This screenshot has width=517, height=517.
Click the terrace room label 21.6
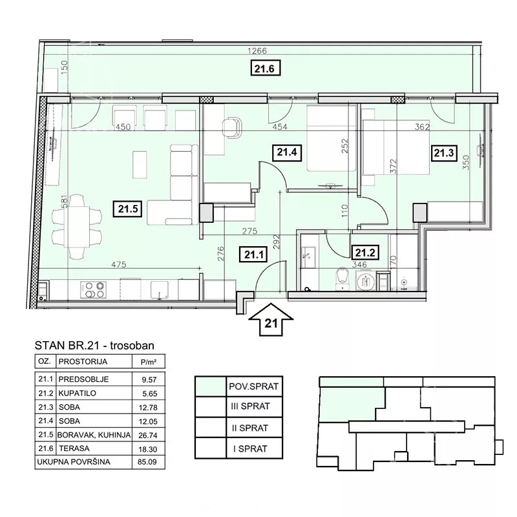point(265,69)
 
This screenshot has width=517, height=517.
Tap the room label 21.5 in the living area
point(127,209)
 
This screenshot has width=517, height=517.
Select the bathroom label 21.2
point(364,253)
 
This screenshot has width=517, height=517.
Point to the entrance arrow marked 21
point(271,319)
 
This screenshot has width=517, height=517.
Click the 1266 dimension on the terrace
point(257,51)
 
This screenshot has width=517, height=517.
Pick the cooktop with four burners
point(93,290)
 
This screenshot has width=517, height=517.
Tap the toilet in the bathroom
point(343,279)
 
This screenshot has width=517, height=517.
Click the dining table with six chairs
point(77,227)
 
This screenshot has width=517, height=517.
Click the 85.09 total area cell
point(147,462)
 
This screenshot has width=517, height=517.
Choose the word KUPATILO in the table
point(77,394)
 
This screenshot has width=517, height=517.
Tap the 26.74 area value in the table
point(148,435)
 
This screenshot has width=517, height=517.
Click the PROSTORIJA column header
point(83,362)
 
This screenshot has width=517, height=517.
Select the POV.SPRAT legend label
point(253,386)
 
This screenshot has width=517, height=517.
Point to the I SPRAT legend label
point(250,448)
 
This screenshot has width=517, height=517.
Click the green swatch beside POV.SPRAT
point(211,386)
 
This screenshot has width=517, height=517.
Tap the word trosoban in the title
point(132,345)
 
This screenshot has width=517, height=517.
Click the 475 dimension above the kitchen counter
point(119,264)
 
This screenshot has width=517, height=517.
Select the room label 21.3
point(444,153)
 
